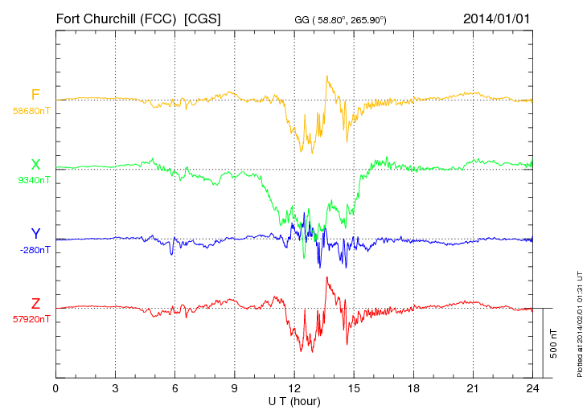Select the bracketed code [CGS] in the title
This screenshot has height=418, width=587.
pos(203,18)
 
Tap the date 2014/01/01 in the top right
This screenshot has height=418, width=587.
pos(496,18)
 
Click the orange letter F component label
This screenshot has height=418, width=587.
pos(35,95)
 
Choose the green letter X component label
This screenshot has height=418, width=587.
pos(35,165)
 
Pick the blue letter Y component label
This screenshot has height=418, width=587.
pos(35,234)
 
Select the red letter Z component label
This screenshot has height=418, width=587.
pos(35,304)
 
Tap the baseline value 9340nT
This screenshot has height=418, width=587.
pos(33,180)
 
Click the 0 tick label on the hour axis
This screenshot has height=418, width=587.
pos(55,388)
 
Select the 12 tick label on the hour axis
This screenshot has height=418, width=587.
pos(294,388)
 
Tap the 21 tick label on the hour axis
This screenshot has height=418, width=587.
pos(474,388)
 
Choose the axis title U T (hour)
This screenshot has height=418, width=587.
pos(294,400)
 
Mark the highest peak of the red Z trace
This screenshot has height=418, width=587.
pos(326,277)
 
